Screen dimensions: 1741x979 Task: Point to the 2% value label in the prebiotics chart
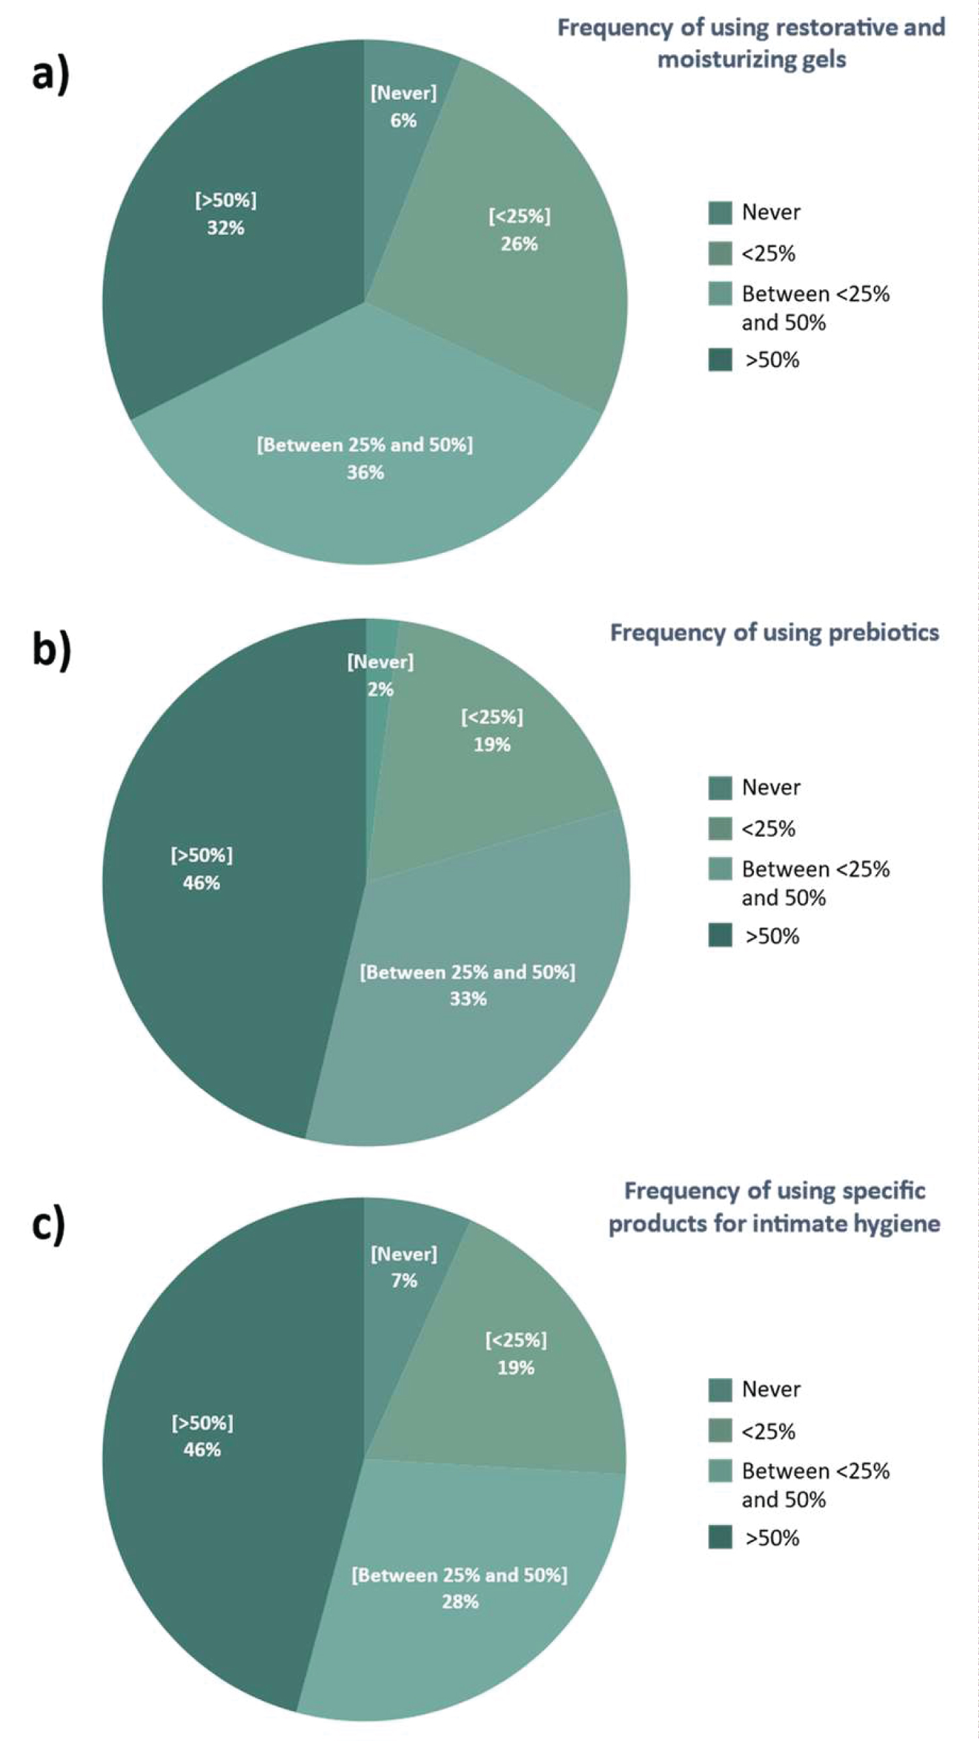(381, 689)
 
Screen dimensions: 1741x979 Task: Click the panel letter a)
(51, 74)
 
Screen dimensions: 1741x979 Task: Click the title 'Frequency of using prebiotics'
(774, 633)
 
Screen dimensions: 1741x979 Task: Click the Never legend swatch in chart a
(721, 213)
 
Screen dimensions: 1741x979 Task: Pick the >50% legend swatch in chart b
(721, 936)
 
